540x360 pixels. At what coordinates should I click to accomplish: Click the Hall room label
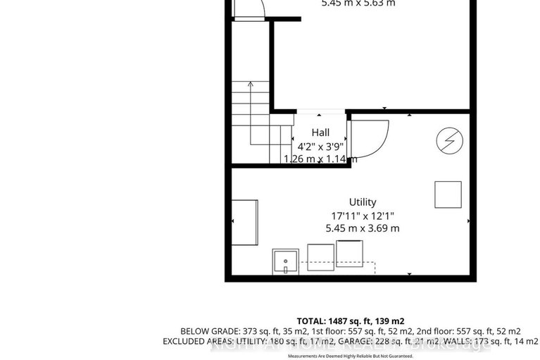click(320, 132)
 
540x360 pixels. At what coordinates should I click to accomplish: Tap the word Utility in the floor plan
click(363, 202)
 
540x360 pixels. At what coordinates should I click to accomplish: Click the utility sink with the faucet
click(285, 261)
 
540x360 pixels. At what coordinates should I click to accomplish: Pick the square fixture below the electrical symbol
click(448, 194)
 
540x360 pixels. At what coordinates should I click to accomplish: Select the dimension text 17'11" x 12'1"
click(363, 216)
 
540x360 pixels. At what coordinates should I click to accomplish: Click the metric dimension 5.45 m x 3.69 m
click(363, 228)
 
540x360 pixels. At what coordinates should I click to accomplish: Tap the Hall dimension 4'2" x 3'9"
click(320, 146)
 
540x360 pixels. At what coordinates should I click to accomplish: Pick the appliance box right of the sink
click(320, 257)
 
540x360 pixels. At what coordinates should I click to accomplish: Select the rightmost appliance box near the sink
click(349, 253)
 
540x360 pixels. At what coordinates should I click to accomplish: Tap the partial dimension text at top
click(358, 4)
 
